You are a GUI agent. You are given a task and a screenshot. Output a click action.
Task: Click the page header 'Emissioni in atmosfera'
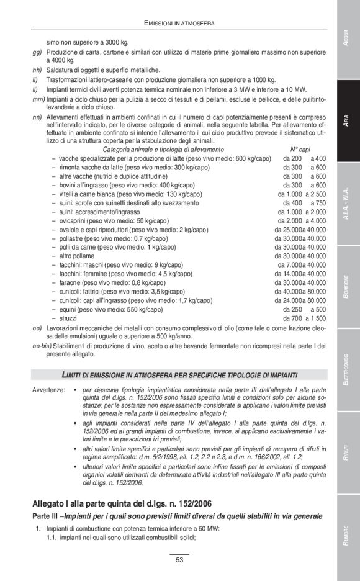pos(179,23)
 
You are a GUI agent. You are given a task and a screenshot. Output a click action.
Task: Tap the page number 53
pos(179,561)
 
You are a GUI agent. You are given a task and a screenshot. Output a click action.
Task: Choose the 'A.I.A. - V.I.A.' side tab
pos(348,205)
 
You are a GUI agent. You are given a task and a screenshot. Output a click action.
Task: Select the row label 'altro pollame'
pos(78,256)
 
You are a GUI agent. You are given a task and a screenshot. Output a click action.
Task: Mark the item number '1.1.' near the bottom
pos(52,538)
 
